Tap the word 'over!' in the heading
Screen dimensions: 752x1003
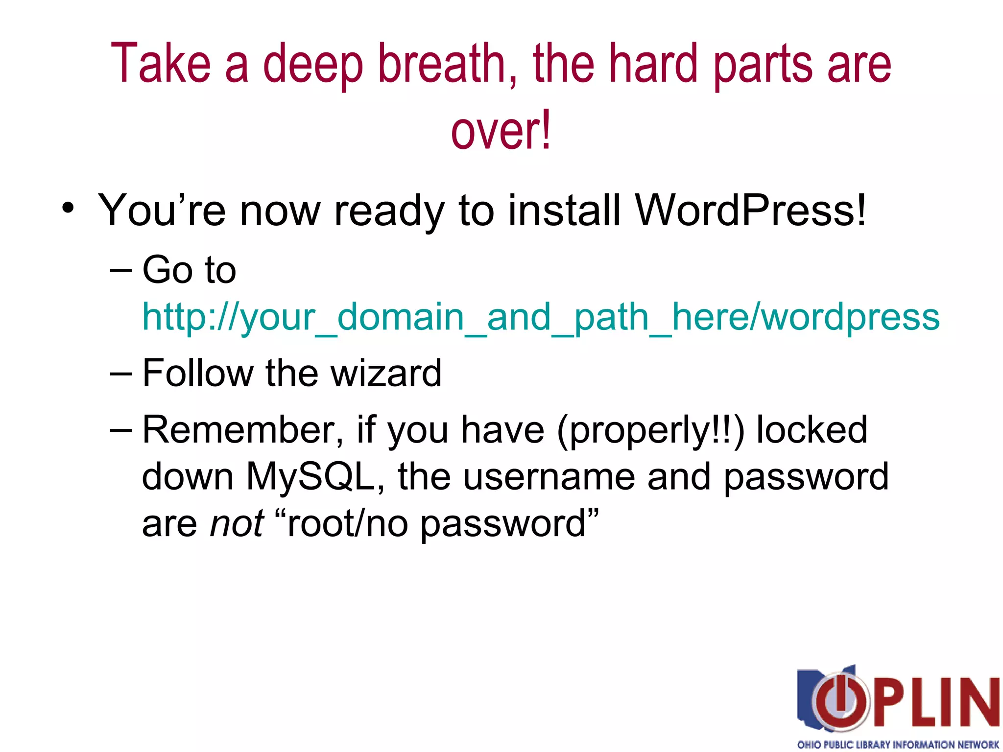coord(501,130)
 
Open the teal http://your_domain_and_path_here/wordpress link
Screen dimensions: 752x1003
coord(541,317)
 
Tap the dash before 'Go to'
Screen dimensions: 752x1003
coord(121,271)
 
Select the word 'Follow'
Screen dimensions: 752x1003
coord(197,373)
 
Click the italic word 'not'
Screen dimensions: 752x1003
coord(237,523)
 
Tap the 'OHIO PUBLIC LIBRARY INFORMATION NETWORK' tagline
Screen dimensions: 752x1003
coord(898,744)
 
